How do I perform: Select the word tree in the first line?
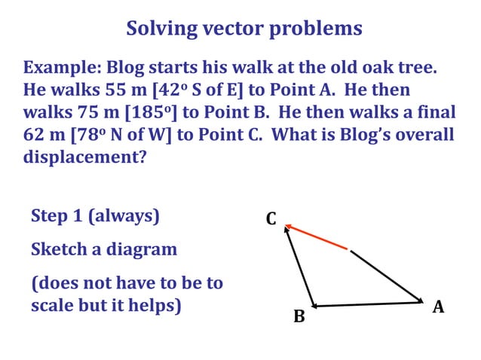[x=413, y=69]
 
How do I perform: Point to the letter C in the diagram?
[x=271, y=219]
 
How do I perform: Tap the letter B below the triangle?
[x=299, y=317]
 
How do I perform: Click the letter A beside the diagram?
[x=438, y=307]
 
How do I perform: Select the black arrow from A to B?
[x=367, y=304]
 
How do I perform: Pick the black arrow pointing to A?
[x=388, y=276]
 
